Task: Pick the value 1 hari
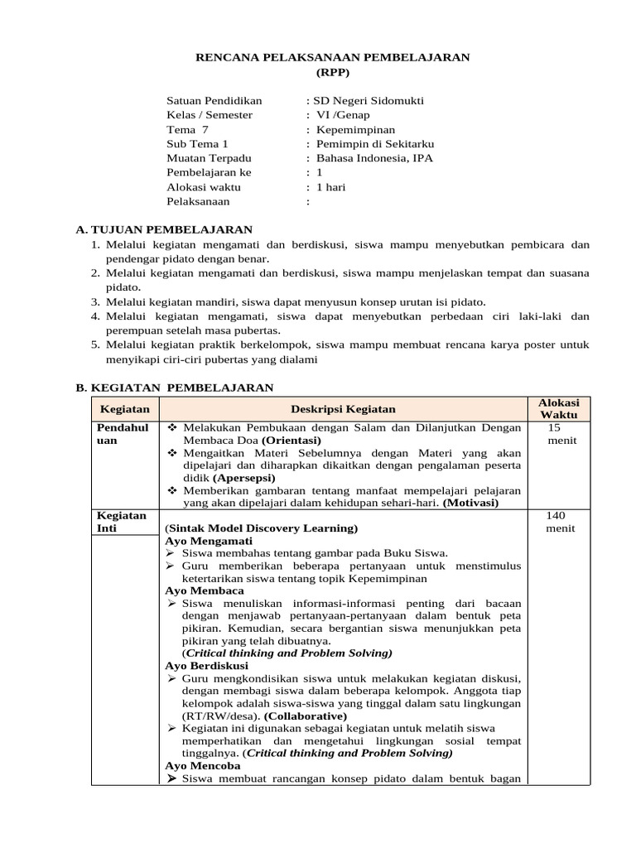point(331,187)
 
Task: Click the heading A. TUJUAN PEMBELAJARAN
point(164,229)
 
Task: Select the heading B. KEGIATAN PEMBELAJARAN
point(174,387)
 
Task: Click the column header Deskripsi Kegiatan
point(343,409)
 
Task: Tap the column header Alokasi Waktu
point(559,407)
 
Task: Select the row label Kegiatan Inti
point(123,522)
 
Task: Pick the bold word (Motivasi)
point(483,503)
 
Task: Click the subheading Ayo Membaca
point(204,591)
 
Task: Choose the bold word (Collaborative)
point(306,715)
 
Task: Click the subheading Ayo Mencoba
point(203,766)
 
